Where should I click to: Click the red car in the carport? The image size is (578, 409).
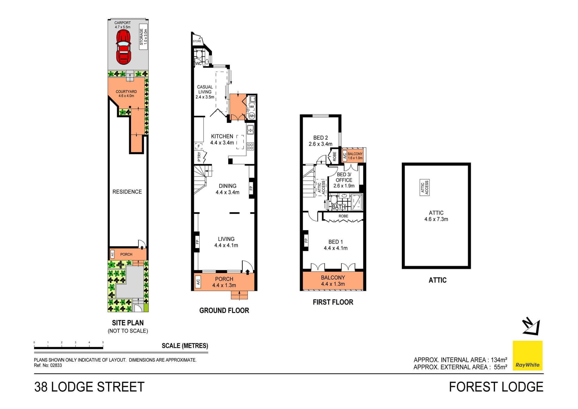123,47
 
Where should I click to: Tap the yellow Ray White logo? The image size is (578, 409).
527,355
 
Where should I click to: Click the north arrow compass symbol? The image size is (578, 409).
532,326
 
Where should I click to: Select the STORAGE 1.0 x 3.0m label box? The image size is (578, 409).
144,37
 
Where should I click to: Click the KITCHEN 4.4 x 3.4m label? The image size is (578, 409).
222,139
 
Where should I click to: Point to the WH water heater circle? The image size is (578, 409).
252,116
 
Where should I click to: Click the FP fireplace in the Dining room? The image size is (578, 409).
251,188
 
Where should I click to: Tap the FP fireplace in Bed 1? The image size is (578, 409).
306,240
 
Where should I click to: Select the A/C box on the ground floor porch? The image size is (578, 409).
198,282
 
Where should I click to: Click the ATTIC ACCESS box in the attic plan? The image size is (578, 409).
424,188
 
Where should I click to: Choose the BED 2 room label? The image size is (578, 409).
320,141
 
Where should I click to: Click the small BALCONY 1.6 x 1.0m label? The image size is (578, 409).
355,156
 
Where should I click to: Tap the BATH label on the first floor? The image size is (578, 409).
338,207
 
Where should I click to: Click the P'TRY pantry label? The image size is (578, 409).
199,157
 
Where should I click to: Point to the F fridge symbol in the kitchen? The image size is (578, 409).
199,146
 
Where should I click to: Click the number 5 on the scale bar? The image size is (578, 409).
103,342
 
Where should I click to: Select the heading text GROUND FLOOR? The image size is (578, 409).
224,311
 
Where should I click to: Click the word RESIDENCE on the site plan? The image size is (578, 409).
127,192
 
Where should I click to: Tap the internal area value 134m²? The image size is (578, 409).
499,360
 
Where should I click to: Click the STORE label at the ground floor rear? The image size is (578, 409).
197,41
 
